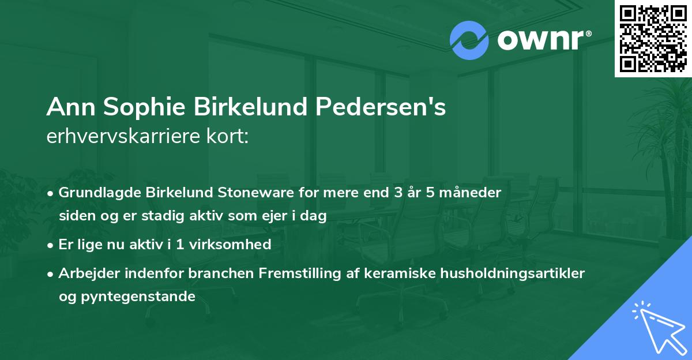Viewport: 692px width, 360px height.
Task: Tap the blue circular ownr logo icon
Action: pyautogui.click(x=469, y=40)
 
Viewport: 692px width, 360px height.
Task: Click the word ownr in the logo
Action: pyautogui.click(x=540, y=41)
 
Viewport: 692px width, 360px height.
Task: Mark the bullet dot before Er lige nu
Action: pyautogui.click(x=51, y=245)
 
